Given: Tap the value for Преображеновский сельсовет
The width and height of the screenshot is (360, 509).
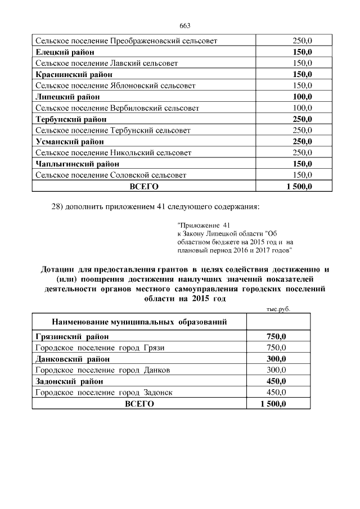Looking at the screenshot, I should (302, 41).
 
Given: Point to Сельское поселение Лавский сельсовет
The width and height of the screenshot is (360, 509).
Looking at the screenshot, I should (106, 63).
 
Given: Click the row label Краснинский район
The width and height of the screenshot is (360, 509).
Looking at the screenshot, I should (71, 74).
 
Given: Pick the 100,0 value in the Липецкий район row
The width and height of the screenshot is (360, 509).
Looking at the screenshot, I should (302, 97).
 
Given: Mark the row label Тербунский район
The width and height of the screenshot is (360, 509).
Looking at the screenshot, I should (70, 119).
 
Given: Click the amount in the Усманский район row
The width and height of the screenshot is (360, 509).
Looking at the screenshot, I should (302, 141).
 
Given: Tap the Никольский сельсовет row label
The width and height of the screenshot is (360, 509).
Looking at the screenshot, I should (113, 152).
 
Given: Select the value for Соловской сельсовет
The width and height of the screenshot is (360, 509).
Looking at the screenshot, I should (302, 175).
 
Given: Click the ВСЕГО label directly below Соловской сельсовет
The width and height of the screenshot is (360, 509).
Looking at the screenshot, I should (144, 186).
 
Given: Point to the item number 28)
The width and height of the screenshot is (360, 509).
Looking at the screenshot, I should (57, 206).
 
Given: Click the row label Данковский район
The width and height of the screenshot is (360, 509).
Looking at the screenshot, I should (72, 359).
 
